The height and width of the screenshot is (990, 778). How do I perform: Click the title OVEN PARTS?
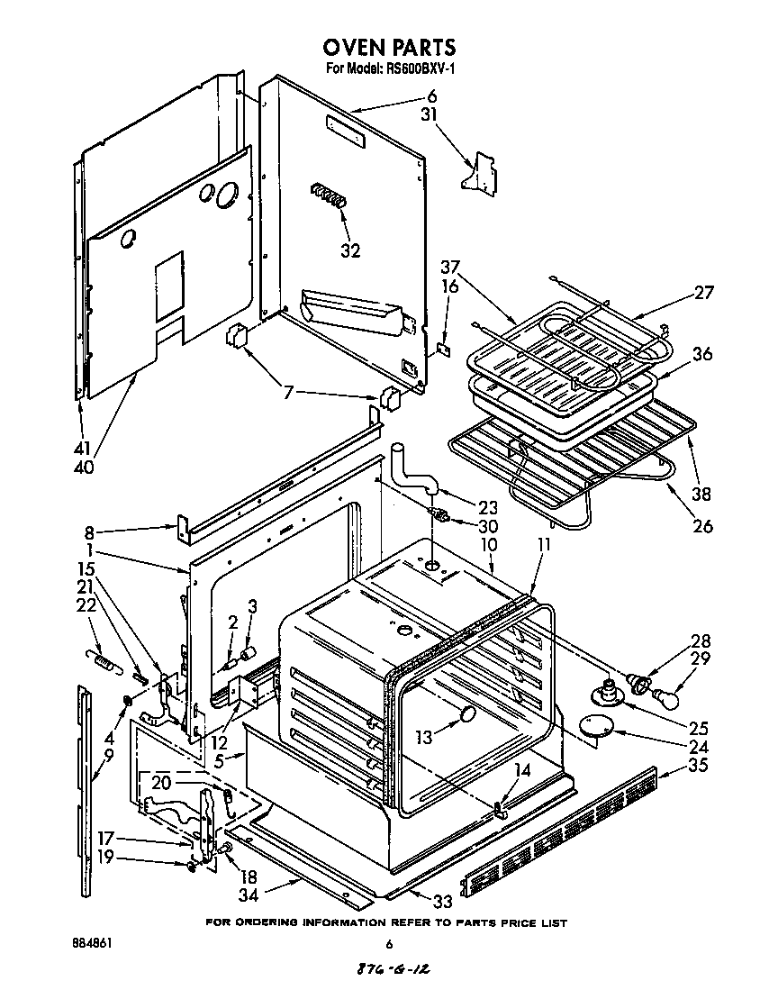click(x=389, y=48)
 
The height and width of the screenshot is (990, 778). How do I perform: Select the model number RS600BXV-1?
click(x=413, y=69)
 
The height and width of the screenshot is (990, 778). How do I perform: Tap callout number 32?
click(x=350, y=250)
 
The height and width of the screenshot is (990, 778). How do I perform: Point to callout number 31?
click(x=430, y=114)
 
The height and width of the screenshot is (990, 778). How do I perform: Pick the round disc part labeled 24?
click(x=595, y=726)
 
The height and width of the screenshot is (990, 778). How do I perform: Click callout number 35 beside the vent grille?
click(x=697, y=767)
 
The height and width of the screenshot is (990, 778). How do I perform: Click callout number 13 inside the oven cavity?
click(x=423, y=736)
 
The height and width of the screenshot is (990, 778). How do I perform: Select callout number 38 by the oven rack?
click(x=701, y=493)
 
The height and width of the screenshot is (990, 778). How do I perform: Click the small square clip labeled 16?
click(x=442, y=347)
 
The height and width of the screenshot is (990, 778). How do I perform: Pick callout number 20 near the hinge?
click(x=161, y=783)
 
